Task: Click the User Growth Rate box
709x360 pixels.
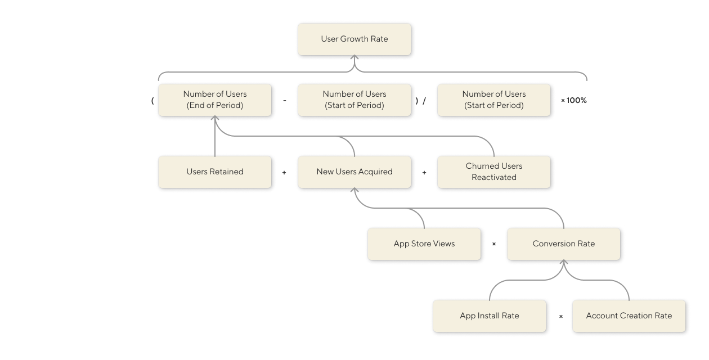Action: coord(354,39)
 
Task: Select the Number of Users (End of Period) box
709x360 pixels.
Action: coord(215,100)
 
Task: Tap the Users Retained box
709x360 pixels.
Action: coord(215,172)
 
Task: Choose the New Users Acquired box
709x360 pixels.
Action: coord(354,172)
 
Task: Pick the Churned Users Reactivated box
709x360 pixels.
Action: coord(494,172)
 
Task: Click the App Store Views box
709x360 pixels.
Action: coord(424,244)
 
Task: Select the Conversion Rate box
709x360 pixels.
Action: coord(564,244)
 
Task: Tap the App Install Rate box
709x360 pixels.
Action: coord(490,316)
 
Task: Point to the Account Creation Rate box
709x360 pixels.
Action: coord(629,316)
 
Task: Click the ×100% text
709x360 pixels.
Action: coord(574,100)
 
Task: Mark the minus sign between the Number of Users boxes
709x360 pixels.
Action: coord(285,100)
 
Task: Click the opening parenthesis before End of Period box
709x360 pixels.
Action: coord(152,100)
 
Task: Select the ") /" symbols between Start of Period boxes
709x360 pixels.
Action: coord(420,100)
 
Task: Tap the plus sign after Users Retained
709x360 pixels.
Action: coord(284,172)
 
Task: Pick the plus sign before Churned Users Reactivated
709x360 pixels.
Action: coord(424,172)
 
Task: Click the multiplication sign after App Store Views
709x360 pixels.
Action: coord(494,244)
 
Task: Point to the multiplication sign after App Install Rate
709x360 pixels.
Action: coord(561,316)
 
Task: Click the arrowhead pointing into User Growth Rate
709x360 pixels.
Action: coord(354,57)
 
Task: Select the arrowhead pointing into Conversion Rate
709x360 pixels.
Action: coord(564,262)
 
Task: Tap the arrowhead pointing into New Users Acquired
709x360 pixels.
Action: coord(354,190)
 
